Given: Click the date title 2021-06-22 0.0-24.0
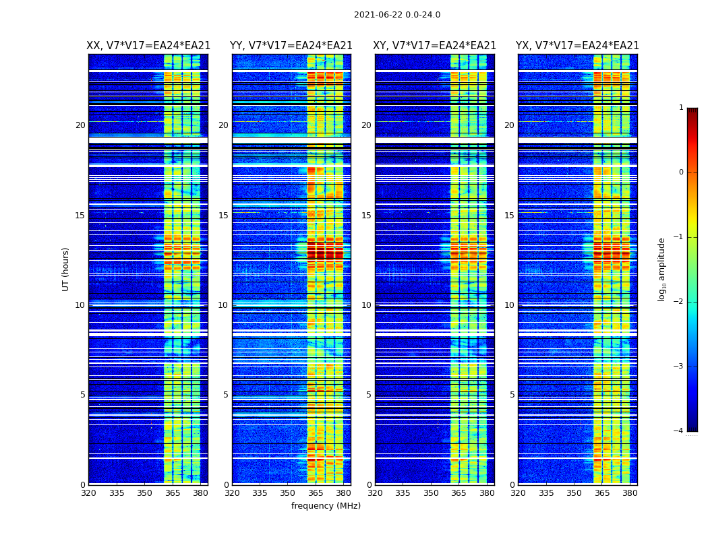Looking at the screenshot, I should pyautogui.click(x=397, y=15).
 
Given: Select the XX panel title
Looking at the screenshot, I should pyautogui.click(x=148, y=46).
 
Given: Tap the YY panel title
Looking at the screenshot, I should pyautogui.click(x=291, y=46).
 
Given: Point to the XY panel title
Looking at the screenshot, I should pyautogui.click(x=435, y=46).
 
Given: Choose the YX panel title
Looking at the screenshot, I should pyautogui.click(x=577, y=46).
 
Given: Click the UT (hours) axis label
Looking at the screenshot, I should pyautogui.click(x=66, y=269).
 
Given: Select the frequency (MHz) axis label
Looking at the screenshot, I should pyautogui.click(x=326, y=506).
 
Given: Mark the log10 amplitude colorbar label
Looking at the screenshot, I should pyautogui.click(x=662, y=269).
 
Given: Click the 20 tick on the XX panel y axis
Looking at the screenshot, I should pyautogui.click(x=80, y=125).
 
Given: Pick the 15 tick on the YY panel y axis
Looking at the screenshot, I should pyautogui.click(x=223, y=216).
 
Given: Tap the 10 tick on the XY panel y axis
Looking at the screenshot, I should pyautogui.click(x=366, y=305).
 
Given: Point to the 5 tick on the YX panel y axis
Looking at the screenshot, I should pyautogui.click(x=512, y=395).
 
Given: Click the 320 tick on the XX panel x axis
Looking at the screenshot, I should pyautogui.click(x=88, y=493).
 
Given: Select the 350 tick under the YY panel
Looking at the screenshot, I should pyautogui.click(x=288, y=493).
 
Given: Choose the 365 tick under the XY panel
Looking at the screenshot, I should pyautogui.click(x=459, y=493).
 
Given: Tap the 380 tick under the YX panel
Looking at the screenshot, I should pyautogui.click(x=630, y=493).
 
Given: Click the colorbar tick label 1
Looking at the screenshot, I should pyautogui.click(x=681, y=108).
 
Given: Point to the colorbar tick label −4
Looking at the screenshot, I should pyautogui.click(x=679, y=431).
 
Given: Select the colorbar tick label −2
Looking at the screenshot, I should pyautogui.click(x=679, y=302).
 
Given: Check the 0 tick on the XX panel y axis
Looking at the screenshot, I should pyautogui.click(x=83, y=485).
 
